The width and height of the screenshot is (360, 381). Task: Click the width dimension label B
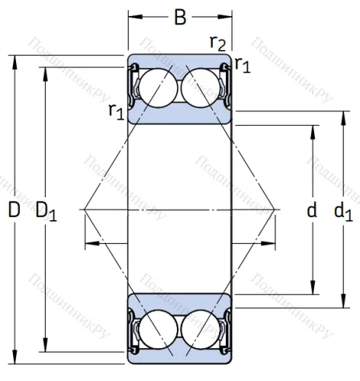point(180,17)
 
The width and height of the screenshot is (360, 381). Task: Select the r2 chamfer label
point(218,43)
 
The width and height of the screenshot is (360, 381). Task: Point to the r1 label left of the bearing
point(116,112)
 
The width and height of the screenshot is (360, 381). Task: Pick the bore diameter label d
point(311,210)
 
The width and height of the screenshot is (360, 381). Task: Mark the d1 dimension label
point(343,210)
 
